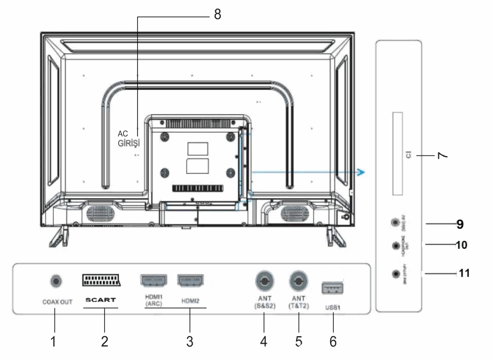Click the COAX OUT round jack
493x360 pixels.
pos(55,281)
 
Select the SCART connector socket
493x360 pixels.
pos(101,280)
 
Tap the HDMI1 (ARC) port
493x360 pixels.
pos(154,280)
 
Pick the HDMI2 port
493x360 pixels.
pos(190,280)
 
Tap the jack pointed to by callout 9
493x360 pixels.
pos(395,222)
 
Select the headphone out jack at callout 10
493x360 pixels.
pos(395,245)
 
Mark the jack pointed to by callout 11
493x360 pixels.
pos(395,273)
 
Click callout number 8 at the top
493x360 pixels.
pos(217,15)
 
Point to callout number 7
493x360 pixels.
pos(443,156)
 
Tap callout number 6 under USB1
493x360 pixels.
pos(333,342)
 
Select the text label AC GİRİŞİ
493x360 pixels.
pos(129,139)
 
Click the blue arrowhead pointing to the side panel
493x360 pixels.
pos(361,172)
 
